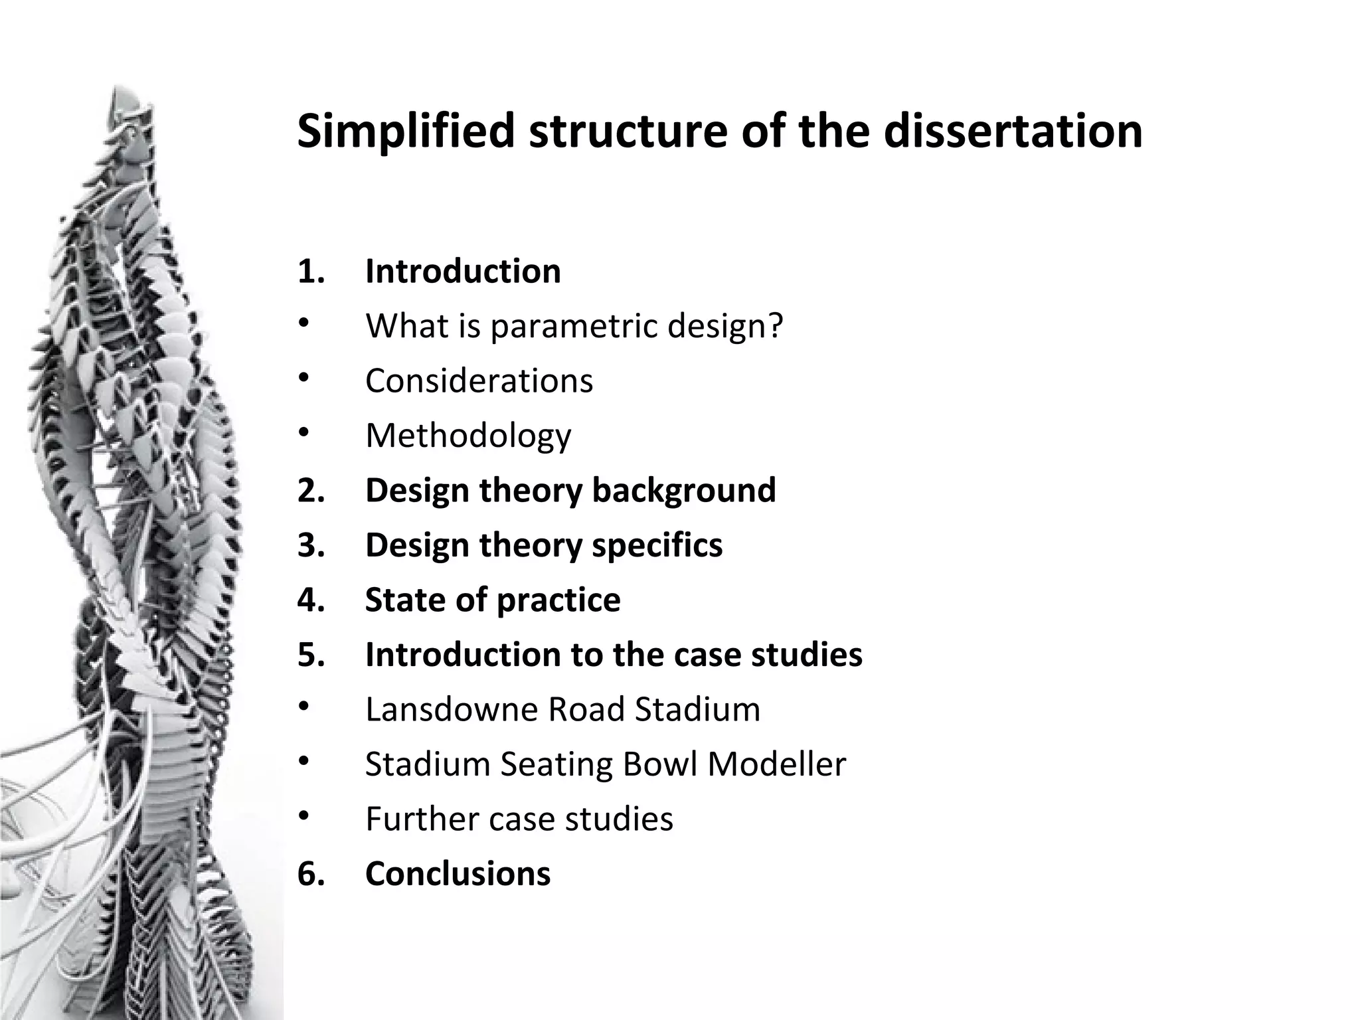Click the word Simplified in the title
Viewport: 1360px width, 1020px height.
pyautogui.click(x=406, y=132)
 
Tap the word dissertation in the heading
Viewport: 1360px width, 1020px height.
pyautogui.click(x=1013, y=131)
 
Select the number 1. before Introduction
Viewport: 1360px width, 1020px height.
pyautogui.click(x=311, y=272)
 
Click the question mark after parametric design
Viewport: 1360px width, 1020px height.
pyautogui.click(x=776, y=326)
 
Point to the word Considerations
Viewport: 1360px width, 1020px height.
pyautogui.click(x=479, y=381)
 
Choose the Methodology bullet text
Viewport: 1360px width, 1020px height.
pyautogui.click(x=468, y=436)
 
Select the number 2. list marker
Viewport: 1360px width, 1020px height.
pyautogui.click(x=311, y=491)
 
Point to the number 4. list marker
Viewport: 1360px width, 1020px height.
pyautogui.click(x=311, y=600)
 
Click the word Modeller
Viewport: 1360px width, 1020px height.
pyautogui.click(x=776, y=764)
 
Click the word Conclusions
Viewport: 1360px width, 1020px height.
pyautogui.click(x=458, y=873)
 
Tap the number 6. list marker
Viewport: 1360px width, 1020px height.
pyautogui.click(x=311, y=873)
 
